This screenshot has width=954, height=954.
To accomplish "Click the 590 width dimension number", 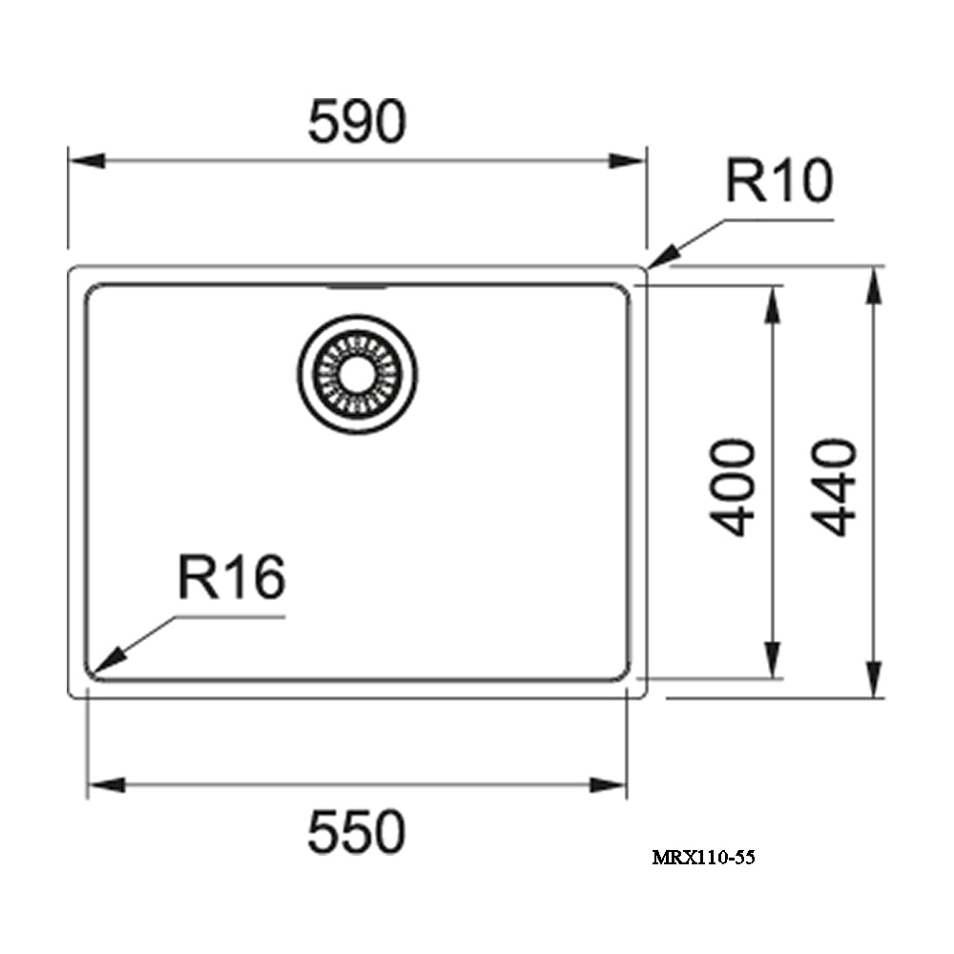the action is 357,122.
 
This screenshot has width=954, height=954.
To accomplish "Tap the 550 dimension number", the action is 357,832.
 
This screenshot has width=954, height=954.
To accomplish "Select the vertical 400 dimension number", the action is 733,487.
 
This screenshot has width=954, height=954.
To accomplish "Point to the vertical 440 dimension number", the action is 834,487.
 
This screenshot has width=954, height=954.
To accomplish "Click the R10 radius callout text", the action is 779,180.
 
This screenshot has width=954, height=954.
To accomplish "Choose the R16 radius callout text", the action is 232,577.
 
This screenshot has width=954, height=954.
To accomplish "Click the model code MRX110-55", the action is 703,858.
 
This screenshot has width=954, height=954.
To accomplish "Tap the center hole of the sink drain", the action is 357,374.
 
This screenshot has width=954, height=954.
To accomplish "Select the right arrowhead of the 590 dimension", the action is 628,160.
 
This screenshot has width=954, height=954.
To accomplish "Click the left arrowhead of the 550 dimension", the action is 107,785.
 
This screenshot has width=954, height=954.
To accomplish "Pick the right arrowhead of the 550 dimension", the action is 609,785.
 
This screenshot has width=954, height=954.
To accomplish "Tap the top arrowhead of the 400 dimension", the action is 773,303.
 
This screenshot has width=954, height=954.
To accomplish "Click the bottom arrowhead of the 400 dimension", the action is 773,659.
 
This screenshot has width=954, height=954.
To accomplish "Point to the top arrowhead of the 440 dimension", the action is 874,285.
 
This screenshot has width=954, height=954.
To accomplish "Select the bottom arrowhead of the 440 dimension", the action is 874,679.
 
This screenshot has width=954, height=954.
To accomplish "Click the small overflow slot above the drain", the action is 357,286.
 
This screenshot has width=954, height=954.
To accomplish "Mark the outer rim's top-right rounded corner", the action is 644,270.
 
